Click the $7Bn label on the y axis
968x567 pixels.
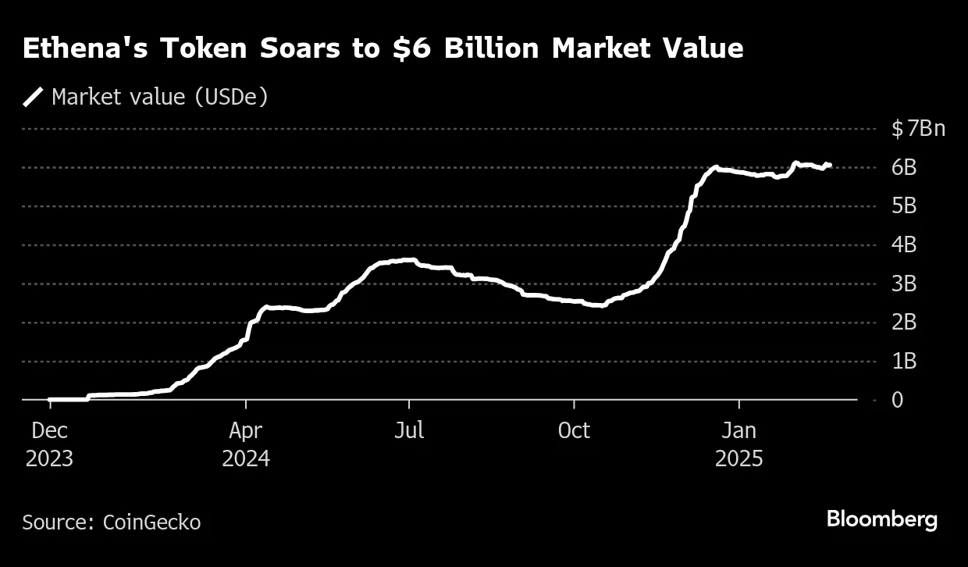pos(918,128)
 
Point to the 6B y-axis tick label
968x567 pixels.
pos(904,167)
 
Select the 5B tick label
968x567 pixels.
pos(904,206)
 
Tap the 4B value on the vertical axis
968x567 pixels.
pos(904,244)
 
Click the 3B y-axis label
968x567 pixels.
pos(904,283)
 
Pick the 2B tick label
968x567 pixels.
pos(904,323)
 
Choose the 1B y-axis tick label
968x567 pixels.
pos(904,362)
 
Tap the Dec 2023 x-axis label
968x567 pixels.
pos(49,444)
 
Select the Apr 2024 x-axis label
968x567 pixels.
pos(246,444)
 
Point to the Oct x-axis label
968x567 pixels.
pos(574,430)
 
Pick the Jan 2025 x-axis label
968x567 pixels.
pos(738,444)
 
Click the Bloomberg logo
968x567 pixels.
pos(882,520)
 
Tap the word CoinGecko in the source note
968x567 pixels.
pos(151,522)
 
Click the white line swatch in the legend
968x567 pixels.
pos(34,97)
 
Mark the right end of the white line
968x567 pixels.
pos(830,165)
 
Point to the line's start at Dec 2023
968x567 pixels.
pos(50,400)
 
